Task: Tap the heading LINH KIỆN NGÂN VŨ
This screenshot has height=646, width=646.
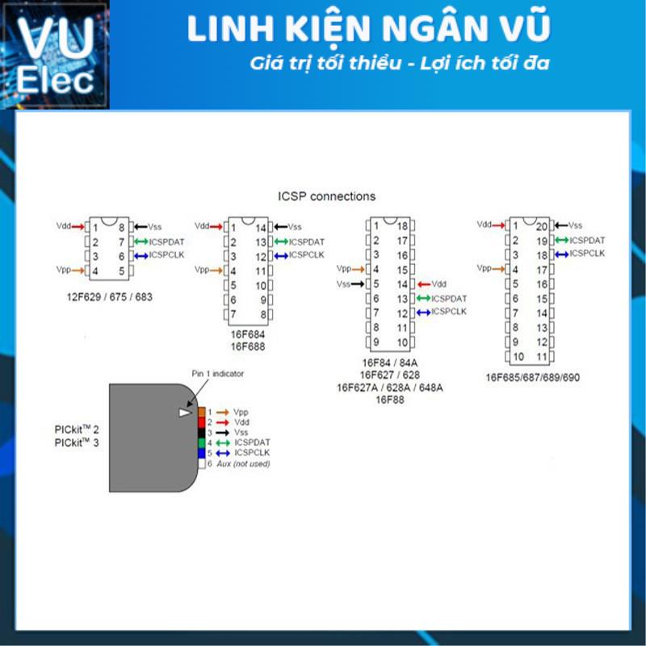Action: click(x=369, y=29)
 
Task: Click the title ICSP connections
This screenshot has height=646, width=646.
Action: click(x=326, y=196)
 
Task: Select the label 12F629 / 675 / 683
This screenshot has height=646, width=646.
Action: click(x=109, y=297)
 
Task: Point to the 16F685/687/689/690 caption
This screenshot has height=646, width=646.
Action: click(x=532, y=377)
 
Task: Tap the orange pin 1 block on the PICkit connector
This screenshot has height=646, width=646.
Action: click(x=202, y=413)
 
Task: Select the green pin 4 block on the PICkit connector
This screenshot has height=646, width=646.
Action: click(x=202, y=443)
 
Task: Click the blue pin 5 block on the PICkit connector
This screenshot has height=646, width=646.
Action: click(x=202, y=454)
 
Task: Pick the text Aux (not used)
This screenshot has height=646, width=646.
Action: click(x=243, y=464)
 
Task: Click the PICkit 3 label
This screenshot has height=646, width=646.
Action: click(x=71, y=443)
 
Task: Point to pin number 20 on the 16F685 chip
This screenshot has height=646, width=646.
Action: click(x=543, y=226)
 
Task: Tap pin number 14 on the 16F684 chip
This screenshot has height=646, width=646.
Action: click(x=261, y=228)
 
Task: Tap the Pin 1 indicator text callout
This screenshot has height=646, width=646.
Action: click(x=217, y=374)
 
